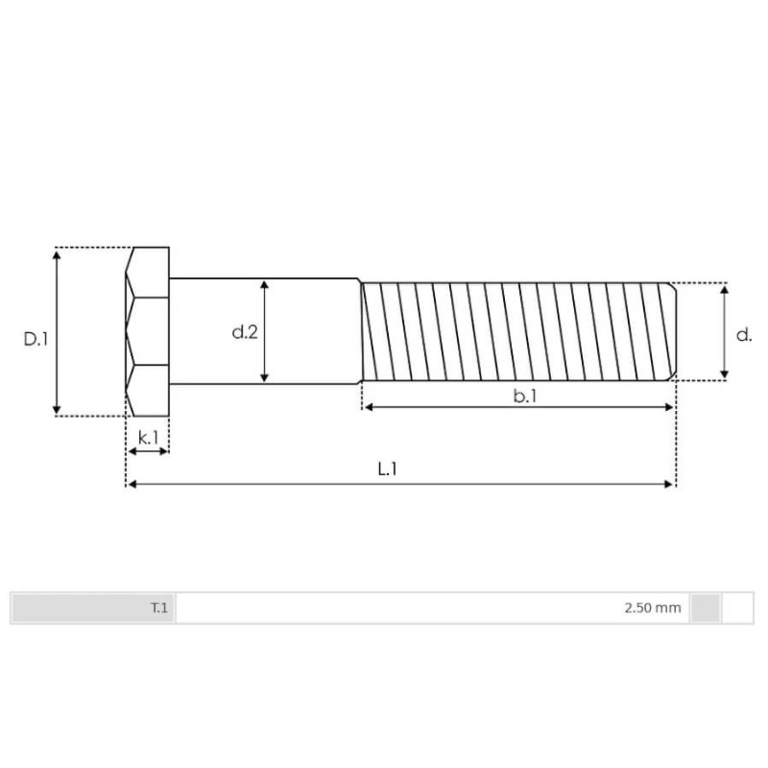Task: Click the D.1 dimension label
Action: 36,339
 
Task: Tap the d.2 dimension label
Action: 244,332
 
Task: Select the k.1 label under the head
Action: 148,438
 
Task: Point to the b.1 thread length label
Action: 524,396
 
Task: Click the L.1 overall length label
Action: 387,469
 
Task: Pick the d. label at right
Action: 743,334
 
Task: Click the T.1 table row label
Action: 158,608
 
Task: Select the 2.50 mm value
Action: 652,608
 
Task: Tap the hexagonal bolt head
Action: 148,331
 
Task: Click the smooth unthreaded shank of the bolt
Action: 307,331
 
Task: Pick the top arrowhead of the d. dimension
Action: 725,288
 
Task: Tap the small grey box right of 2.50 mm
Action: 706,608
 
